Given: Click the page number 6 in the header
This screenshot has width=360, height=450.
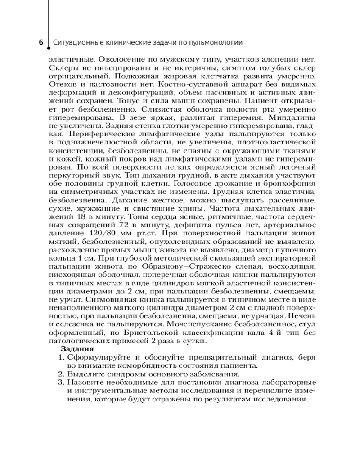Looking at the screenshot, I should click(41, 43).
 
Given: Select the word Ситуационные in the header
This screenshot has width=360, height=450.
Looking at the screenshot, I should click(75, 43).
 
